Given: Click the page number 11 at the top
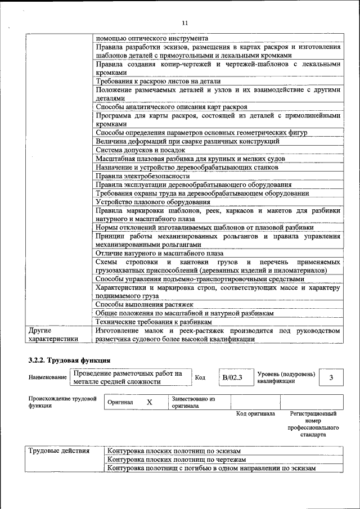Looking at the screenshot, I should point(184,22).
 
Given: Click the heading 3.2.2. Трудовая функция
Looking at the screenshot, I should point(69,359).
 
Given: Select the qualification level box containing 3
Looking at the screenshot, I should point(331,377).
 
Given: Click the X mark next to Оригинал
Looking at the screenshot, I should point(149,402).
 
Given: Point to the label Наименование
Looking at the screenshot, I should point(48,377).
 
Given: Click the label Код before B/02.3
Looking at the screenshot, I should point(200,377).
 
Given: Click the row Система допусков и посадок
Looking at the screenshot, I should point(140,150).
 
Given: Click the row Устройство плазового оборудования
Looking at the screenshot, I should point(153,202).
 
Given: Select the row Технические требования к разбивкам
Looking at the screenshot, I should point(154,322).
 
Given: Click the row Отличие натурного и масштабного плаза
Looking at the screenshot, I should point(159,254).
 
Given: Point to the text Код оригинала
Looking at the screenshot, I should point(255,413).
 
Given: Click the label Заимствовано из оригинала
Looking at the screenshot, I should point(193,402).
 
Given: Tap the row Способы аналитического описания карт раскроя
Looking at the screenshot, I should point(171,106).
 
